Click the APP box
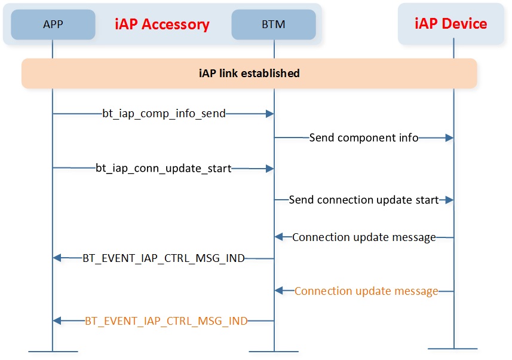(53, 25)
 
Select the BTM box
(274, 25)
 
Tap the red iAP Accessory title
(162, 25)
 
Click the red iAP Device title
(450, 23)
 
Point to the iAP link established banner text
(249, 73)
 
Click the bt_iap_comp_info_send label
(164, 114)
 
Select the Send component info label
(364, 138)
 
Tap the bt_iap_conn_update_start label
(164, 169)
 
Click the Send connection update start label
(364, 200)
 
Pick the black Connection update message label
(364, 237)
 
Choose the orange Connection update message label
(366, 291)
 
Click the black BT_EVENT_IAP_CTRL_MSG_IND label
(164, 258)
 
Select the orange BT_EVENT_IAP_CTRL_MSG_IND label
(166, 321)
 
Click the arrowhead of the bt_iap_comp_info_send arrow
(270, 114)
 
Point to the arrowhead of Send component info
(450, 138)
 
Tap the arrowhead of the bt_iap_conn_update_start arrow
(270, 169)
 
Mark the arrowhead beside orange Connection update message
(278, 291)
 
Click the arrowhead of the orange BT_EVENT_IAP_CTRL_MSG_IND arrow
(57, 321)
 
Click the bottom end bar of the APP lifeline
(53, 352)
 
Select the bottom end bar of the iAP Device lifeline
(453, 349)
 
